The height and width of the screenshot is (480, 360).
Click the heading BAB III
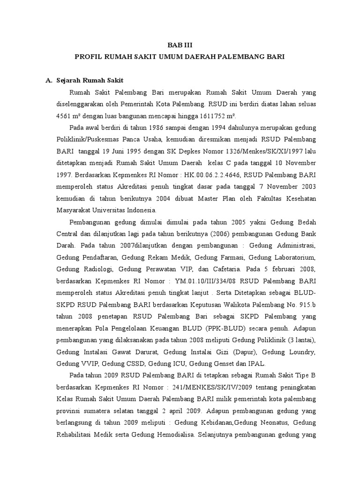(x=180, y=45)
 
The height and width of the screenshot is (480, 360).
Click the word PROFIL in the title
(x=89, y=56)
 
